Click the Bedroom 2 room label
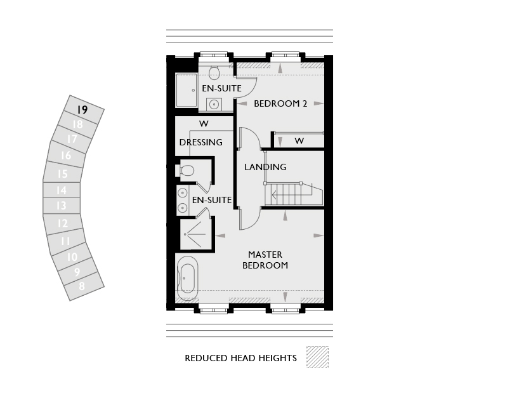[x=280, y=103]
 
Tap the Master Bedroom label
[x=265, y=260]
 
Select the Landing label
[x=265, y=167]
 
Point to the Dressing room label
[x=200, y=142]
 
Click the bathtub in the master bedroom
[x=187, y=278]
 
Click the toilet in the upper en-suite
[x=214, y=72]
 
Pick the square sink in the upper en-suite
[x=214, y=104]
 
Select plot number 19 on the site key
[x=82, y=110]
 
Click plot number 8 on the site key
[x=82, y=286]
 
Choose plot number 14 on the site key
[x=61, y=190]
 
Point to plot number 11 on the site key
[x=65, y=241]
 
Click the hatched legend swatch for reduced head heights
[x=317, y=357]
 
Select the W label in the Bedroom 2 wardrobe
[x=299, y=141]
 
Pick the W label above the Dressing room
[x=204, y=124]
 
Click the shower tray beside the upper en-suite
[x=186, y=90]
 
